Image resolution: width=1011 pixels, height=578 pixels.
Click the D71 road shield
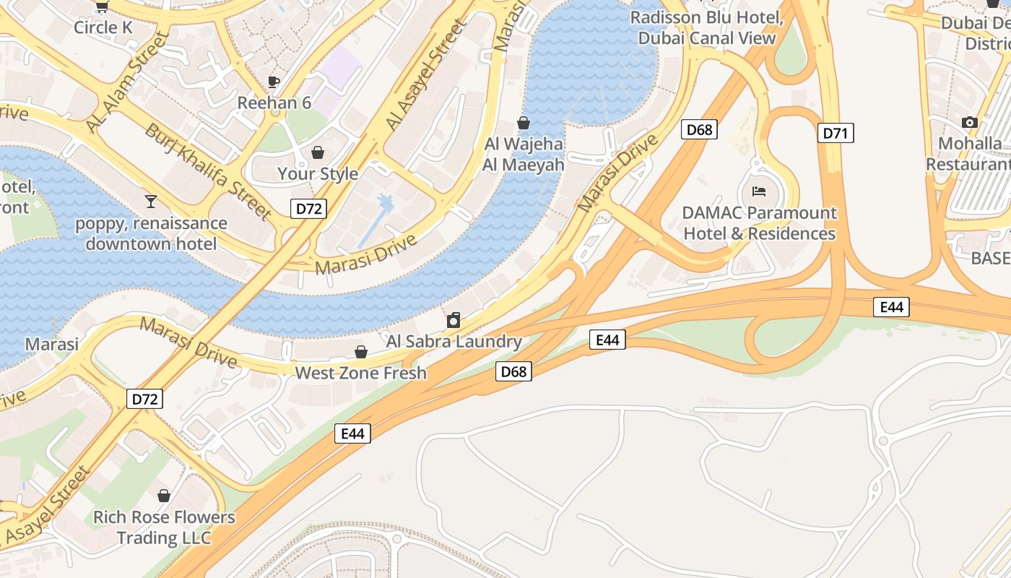[x=836, y=133]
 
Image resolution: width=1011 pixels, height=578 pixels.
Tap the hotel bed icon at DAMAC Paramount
[x=759, y=191]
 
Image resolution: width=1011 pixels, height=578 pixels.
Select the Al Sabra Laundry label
[x=454, y=341]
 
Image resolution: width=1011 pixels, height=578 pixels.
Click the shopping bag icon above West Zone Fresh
[x=360, y=352]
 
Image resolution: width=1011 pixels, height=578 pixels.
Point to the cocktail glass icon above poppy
[x=151, y=202]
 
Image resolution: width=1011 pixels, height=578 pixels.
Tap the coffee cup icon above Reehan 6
[x=274, y=82]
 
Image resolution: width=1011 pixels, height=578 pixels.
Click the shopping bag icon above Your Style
[x=317, y=152]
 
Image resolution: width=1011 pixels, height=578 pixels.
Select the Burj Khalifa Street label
[x=207, y=172]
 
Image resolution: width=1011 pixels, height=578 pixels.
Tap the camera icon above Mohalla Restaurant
[x=970, y=123]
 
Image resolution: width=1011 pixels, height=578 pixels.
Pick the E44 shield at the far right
[x=891, y=307]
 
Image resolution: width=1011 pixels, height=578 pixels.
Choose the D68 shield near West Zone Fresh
[x=513, y=372]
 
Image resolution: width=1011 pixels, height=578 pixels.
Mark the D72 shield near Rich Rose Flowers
[x=144, y=399]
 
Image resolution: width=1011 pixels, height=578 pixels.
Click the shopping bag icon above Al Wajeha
[x=524, y=124]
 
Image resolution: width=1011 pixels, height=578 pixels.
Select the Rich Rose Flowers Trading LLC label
[x=164, y=527]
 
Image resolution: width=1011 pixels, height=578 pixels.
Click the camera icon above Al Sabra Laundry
[x=454, y=319]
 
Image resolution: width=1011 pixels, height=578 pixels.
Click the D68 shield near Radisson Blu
[x=699, y=130]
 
